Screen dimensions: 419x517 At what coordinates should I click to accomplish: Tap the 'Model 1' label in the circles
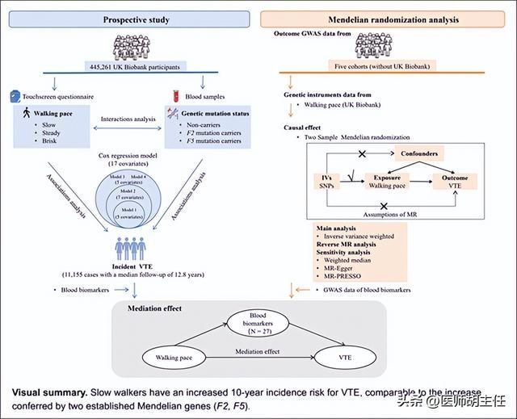(129, 213)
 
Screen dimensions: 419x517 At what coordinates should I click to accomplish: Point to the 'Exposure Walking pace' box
(387, 181)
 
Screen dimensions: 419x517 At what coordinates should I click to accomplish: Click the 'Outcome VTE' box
(458, 181)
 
